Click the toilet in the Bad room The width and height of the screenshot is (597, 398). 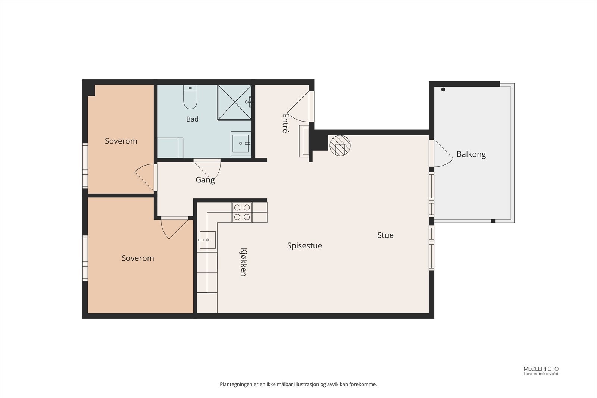190,97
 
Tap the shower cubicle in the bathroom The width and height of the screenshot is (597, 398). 235,103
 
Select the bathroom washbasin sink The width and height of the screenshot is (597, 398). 241,144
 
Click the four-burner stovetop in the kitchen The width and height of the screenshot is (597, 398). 242,212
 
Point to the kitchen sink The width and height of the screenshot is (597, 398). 207,240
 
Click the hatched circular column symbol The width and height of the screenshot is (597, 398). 340,145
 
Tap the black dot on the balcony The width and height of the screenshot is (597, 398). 443,90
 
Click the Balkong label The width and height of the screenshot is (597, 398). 471,154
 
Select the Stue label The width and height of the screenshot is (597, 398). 385,235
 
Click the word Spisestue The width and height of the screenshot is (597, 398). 304,245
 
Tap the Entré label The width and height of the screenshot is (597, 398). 285,123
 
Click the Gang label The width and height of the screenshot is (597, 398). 205,180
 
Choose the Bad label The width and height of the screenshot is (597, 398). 192,119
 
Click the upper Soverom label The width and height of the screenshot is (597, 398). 121,141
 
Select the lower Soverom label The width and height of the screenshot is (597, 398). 138,258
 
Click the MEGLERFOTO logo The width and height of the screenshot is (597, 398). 541,370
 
